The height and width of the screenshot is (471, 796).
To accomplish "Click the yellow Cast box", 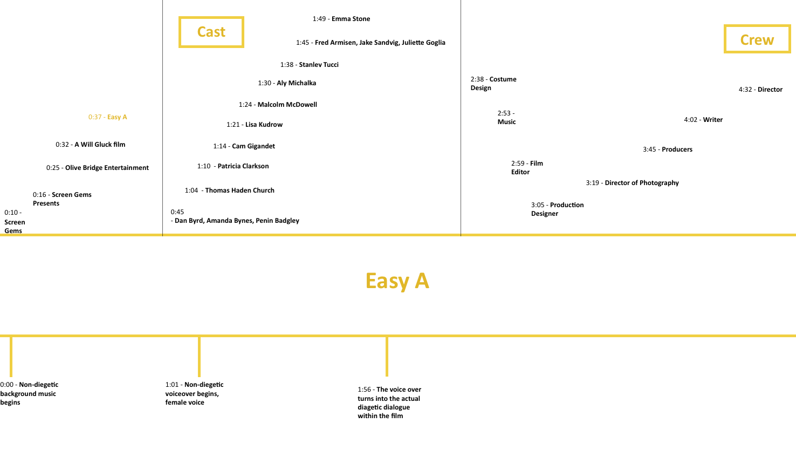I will click(211, 32).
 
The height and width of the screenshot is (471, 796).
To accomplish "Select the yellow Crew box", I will click(757, 39).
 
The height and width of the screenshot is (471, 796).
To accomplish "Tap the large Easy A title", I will click(397, 281).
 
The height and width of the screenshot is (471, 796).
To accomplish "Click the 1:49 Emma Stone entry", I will click(341, 19).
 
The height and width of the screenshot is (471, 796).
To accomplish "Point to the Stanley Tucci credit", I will click(310, 65).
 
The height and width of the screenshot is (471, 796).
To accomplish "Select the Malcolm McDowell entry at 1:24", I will click(278, 105).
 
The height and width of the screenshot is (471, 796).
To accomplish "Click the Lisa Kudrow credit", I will click(255, 125).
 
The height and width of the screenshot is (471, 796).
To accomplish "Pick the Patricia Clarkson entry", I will click(233, 166).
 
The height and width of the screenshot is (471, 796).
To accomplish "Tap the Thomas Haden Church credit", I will click(230, 190).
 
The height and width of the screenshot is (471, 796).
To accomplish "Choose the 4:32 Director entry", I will click(760, 90).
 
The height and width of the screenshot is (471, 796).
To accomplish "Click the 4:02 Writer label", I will click(703, 120).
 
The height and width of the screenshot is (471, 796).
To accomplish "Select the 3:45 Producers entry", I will click(668, 149).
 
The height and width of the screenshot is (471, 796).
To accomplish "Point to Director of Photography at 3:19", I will click(632, 183).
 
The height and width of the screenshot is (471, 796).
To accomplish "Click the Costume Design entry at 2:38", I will click(493, 84).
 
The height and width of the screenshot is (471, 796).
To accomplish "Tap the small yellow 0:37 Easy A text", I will click(108, 117).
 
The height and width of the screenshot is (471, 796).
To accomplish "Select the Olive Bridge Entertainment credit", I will click(98, 168).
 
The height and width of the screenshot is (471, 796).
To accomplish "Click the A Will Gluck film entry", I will click(91, 145).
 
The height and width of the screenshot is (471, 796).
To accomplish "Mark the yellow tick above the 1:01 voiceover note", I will click(199, 356).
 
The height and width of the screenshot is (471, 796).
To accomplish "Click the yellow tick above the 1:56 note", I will click(387, 356).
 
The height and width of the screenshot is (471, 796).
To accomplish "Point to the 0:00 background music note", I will click(29, 393).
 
